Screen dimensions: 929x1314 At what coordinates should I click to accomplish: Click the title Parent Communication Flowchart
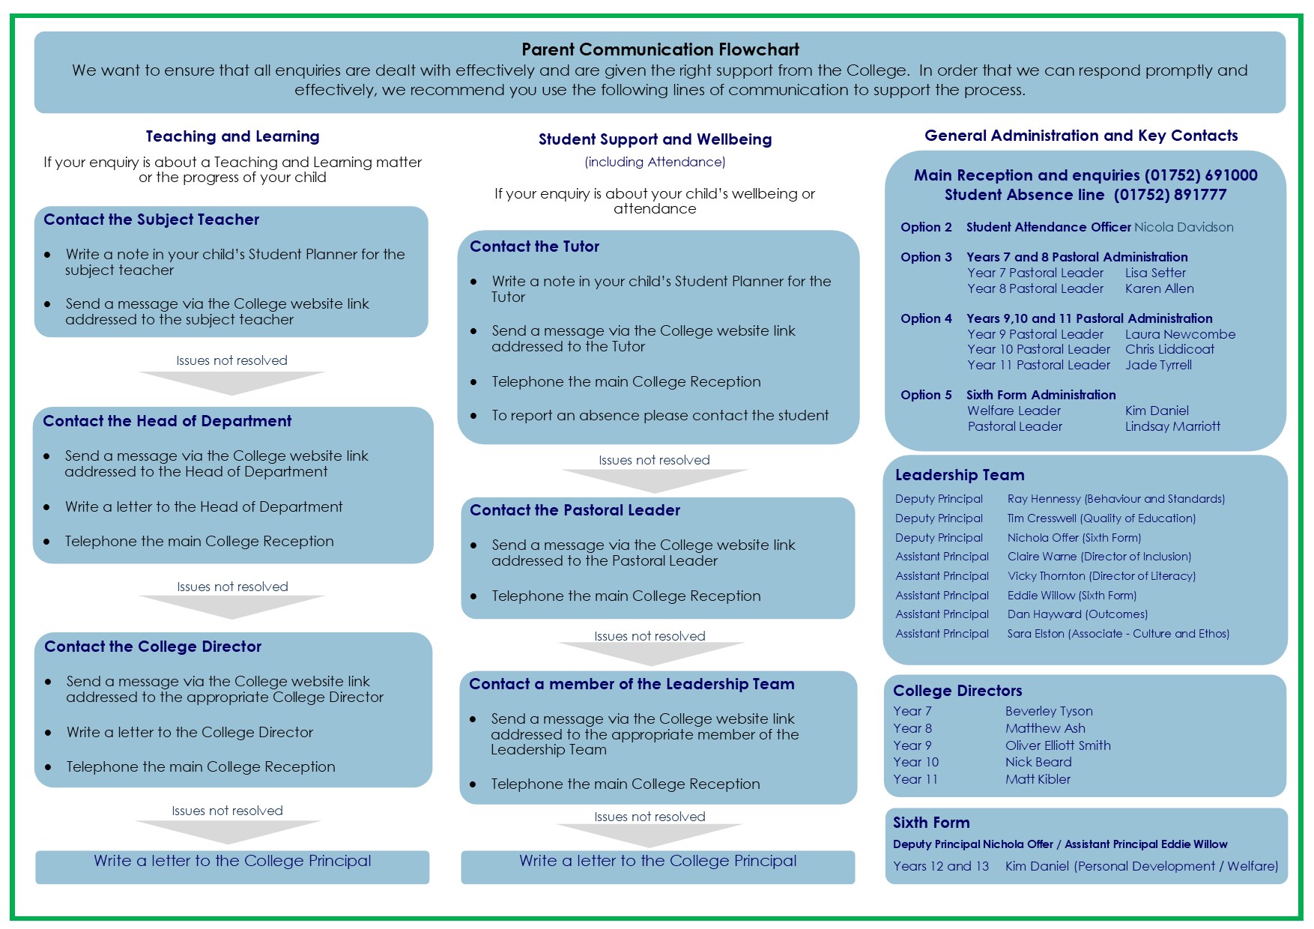[660, 49]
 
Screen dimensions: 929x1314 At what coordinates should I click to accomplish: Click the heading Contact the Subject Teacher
[151, 220]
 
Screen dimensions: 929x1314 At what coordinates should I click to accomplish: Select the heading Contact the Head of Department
[167, 421]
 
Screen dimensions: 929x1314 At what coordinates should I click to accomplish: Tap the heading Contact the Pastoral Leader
[575, 510]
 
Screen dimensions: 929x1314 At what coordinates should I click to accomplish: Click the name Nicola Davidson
[1184, 227]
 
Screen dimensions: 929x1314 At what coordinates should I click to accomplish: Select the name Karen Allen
[1159, 288]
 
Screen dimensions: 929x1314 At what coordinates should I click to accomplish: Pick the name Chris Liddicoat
[1169, 349]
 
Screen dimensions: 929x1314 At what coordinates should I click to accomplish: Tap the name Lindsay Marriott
[1172, 426]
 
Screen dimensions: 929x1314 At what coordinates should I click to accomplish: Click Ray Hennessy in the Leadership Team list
[1044, 499]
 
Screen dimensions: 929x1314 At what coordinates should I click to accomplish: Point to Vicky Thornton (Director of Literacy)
[1101, 576]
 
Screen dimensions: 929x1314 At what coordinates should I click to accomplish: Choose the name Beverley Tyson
[1049, 711]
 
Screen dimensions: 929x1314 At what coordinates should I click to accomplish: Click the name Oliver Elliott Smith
[1058, 745]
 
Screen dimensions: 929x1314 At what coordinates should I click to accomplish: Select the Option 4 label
[926, 318]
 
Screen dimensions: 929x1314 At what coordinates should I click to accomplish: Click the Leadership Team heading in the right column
[960, 475]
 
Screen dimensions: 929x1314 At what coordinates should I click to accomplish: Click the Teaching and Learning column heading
[232, 136]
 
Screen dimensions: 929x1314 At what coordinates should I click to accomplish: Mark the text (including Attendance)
[655, 162]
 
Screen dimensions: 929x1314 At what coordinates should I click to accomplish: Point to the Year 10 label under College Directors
[915, 762]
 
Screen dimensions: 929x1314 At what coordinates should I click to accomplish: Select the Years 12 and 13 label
[941, 866]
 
